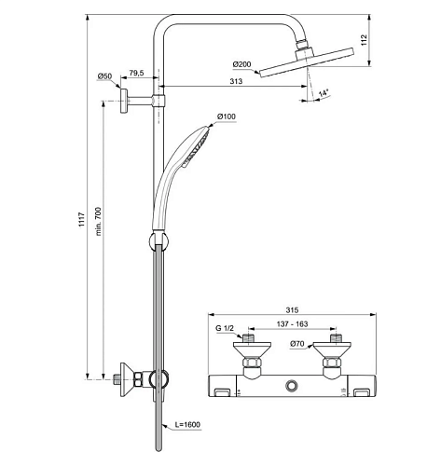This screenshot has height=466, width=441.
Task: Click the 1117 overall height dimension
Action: pyautogui.click(x=81, y=219)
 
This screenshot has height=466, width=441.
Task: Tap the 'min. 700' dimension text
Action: pyautogui.click(x=98, y=221)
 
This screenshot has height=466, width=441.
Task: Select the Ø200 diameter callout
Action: pyautogui.click(x=241, y=64)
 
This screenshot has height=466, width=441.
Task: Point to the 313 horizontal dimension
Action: pyautogui.click(x=236, y=81)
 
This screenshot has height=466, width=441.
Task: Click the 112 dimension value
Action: pyautogui.click(x=364, y=40)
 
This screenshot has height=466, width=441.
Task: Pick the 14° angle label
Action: pyautogui.click(x=324, y=93)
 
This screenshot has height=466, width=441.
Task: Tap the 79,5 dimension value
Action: pyautogui.click(x=136, y=73)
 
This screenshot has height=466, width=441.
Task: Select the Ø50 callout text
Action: pyautogui.click(x=104, y=76)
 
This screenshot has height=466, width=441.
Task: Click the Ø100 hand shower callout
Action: pyautogui.click(x=227, y=116)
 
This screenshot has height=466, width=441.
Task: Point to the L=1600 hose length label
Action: pyautogui.click(x=187, y=424)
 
